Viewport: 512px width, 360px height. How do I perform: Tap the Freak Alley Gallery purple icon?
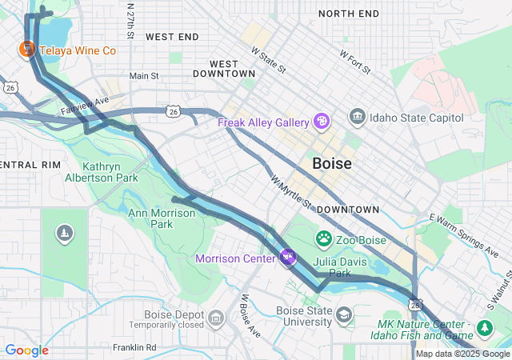(x=322, y=122)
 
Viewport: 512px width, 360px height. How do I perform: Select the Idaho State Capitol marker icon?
(x=357, y=118)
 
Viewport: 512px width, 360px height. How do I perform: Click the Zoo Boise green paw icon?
(x=324, y=238)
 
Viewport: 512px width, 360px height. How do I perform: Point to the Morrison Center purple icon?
(x=288, y=258)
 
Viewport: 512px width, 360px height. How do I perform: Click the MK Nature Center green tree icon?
(x=484, y=328)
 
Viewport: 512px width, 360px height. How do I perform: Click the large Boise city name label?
(x=331, y=163)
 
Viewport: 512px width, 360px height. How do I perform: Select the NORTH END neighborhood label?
(x=349, y=14)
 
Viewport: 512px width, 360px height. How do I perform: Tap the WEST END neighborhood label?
(x=172, y=37)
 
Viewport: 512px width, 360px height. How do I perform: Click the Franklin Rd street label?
(x=134, y=347)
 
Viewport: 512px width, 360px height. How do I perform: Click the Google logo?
(x=27, y=350)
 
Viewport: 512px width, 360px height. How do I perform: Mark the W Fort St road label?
(x=355, y=63)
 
